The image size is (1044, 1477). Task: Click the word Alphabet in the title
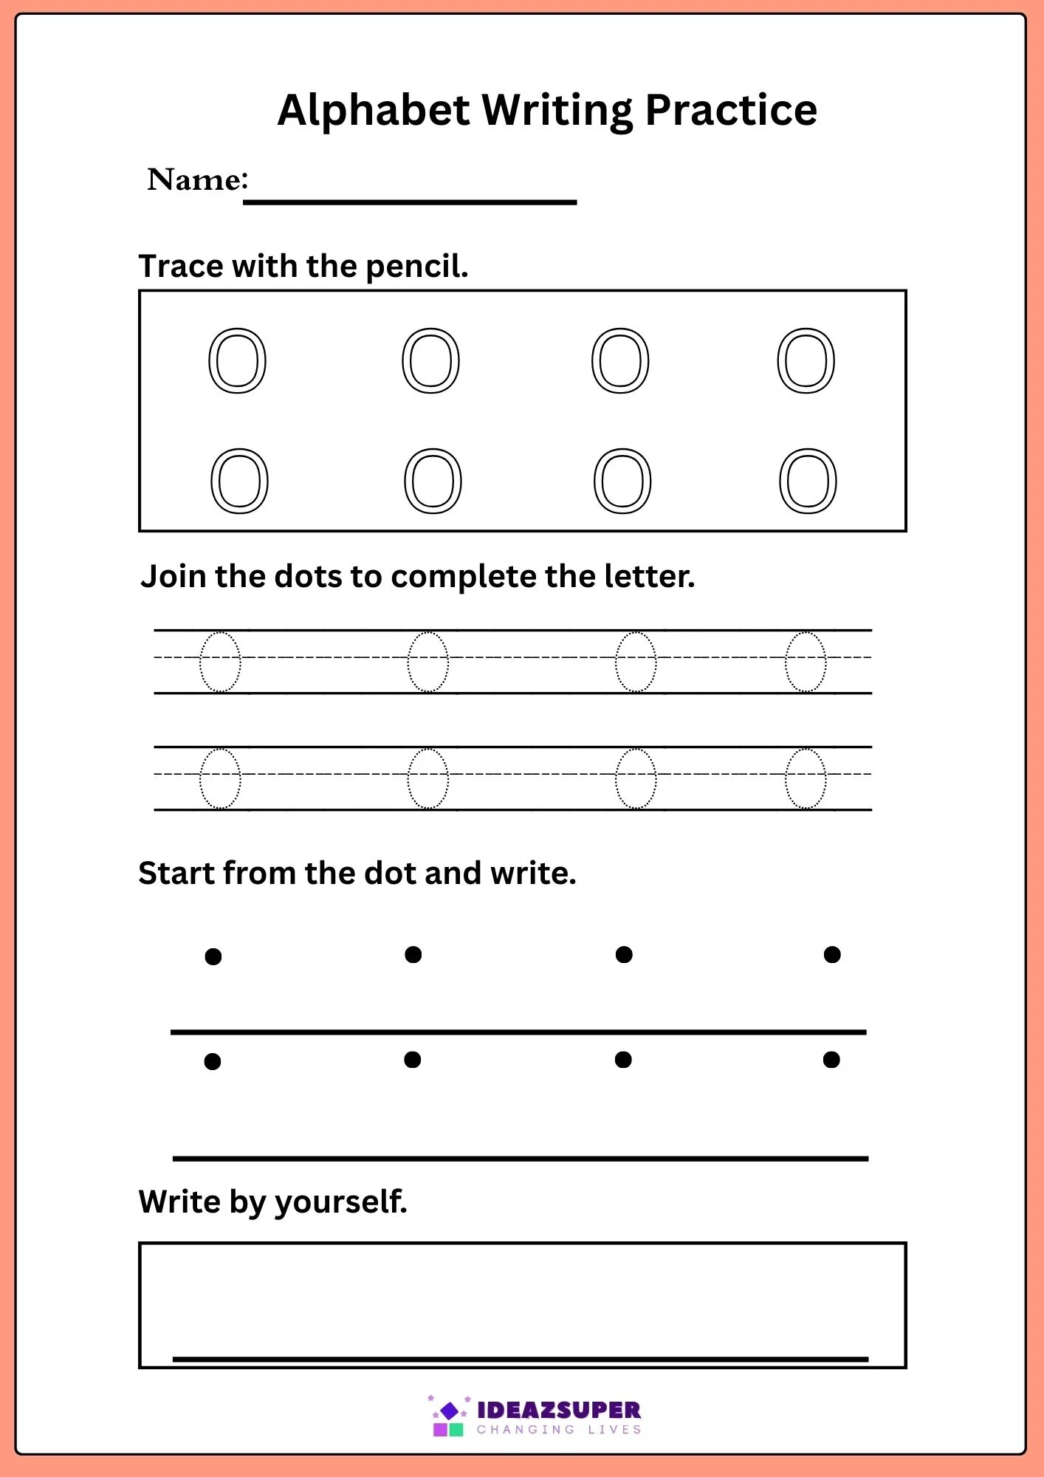(x=374, y=110)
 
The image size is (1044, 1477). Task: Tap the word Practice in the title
(x=731, y=110)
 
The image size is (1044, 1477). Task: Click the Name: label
(x=198, y=179)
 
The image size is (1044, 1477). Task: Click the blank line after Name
(x=410, y=202)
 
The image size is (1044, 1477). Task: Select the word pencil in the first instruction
(x=417, y=267)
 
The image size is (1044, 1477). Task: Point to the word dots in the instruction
(x=308, y=577)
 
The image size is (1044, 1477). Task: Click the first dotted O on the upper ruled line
(x=200, y=662)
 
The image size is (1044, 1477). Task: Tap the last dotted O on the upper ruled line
(x=786, y=662)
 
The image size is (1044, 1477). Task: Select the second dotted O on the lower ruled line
(x=408, y=778)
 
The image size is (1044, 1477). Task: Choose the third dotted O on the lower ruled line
(x=616, y=778)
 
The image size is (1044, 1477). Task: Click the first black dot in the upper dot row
(x=213, y=957)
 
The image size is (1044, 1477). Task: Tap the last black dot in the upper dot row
(x=832, y=955)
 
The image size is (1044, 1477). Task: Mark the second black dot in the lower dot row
(x=413, y=1060)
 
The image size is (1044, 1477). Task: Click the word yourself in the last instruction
(x=341, y=1202)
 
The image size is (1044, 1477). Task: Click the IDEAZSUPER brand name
(x=559, y=1411)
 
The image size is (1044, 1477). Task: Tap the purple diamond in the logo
(x=449, y=1411)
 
